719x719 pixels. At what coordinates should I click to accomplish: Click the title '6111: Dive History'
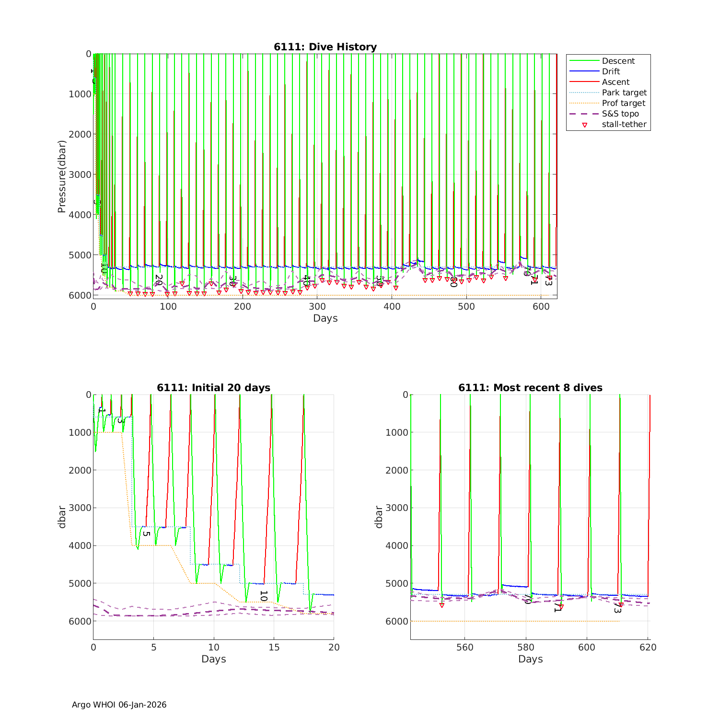pos(325,47)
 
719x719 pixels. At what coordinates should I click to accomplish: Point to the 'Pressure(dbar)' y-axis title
pos(61,176)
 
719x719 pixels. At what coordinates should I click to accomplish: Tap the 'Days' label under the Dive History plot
pos(325,318)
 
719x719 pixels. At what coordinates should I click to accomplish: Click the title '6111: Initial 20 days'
pos(213,388)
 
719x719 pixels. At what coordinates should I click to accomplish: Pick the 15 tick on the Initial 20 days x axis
pos(274,647)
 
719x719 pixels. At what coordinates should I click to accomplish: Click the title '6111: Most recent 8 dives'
pos(530,388)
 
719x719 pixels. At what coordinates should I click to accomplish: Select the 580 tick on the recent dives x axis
pos(526,647)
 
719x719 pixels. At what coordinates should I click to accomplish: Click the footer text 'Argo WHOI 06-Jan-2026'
pos(119,705)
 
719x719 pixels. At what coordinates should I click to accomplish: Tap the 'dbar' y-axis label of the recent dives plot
pos(379,517)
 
